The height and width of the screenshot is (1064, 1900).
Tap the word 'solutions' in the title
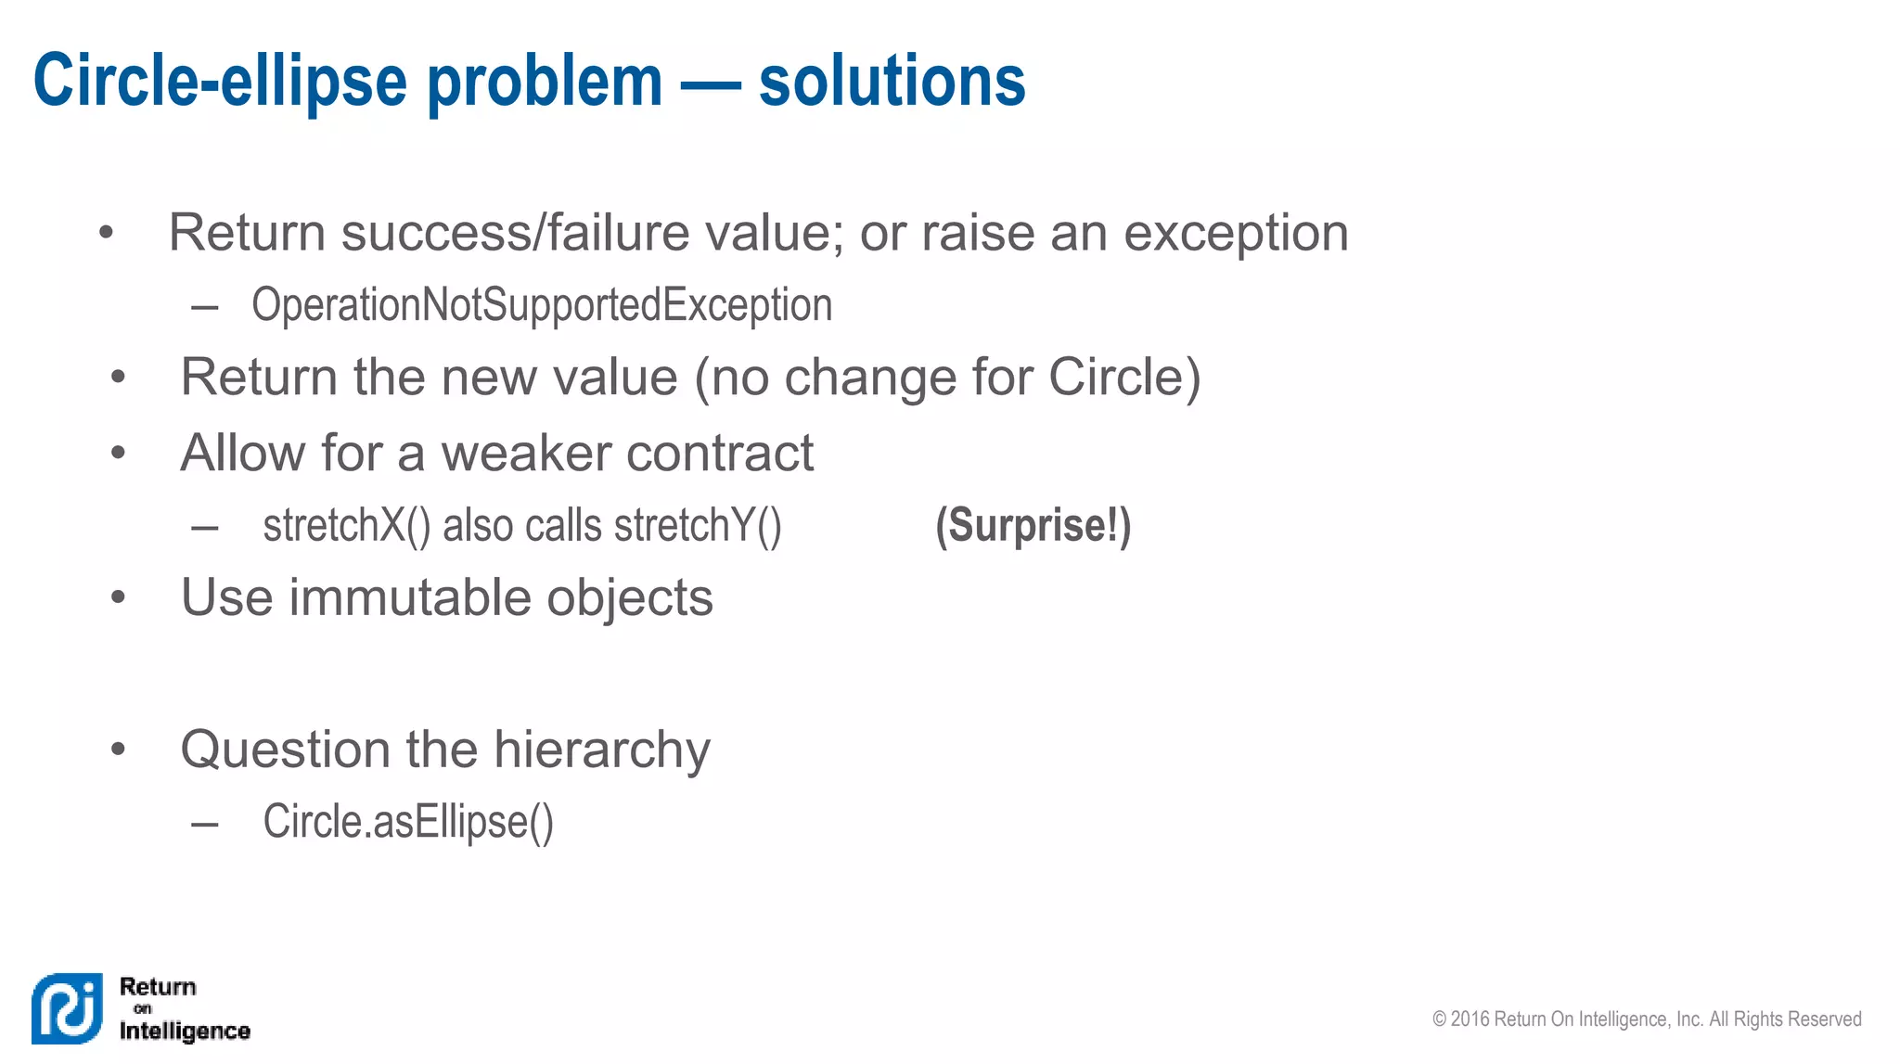coord(892,82)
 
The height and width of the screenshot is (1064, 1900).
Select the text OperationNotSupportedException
coord(542,305)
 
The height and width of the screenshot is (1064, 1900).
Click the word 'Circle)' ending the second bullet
coord(1124,378)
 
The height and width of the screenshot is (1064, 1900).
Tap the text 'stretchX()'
coord(347,526)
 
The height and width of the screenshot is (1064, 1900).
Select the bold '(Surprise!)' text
coord(1033,526)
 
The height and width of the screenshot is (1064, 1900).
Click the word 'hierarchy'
coord(602,750)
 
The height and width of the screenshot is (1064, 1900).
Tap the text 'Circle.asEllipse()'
coord(408,822)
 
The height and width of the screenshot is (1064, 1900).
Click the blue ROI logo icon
coord(67,1008)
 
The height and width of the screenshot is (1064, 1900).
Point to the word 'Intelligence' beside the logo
coord(185,1031)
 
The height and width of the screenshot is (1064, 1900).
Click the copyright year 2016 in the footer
coord(1470,1019)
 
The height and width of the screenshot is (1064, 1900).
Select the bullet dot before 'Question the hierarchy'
coord(118,750)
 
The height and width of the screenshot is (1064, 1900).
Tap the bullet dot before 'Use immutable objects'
coord(118,597)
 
